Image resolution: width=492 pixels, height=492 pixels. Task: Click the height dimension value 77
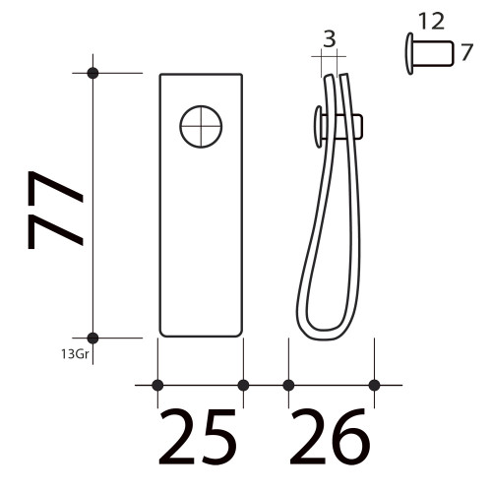(x=56, y=210)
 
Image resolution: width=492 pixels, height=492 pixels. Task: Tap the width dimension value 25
(x=198, y=436)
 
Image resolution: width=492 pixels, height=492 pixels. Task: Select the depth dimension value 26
(x=330, y=436)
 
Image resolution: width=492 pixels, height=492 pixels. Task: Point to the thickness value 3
(x=330, y=38)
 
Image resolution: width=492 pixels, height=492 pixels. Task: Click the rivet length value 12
(x=432, y=22)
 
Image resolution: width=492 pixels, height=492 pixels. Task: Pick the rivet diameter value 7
(x=466, y=52)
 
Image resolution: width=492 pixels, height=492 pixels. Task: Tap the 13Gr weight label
(x=75, y=354)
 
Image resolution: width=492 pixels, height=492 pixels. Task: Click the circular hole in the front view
(x=201, y=126)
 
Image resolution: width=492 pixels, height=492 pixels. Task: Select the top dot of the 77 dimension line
(x=92, y=73)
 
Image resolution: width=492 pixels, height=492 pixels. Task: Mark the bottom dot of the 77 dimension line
(x=92, y=338)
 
